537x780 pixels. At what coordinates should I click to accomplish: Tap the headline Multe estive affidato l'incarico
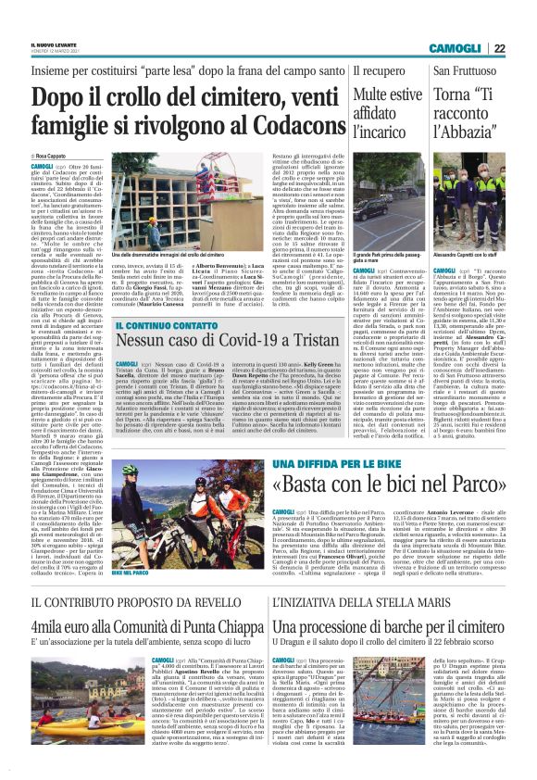(x=386, y=116)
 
